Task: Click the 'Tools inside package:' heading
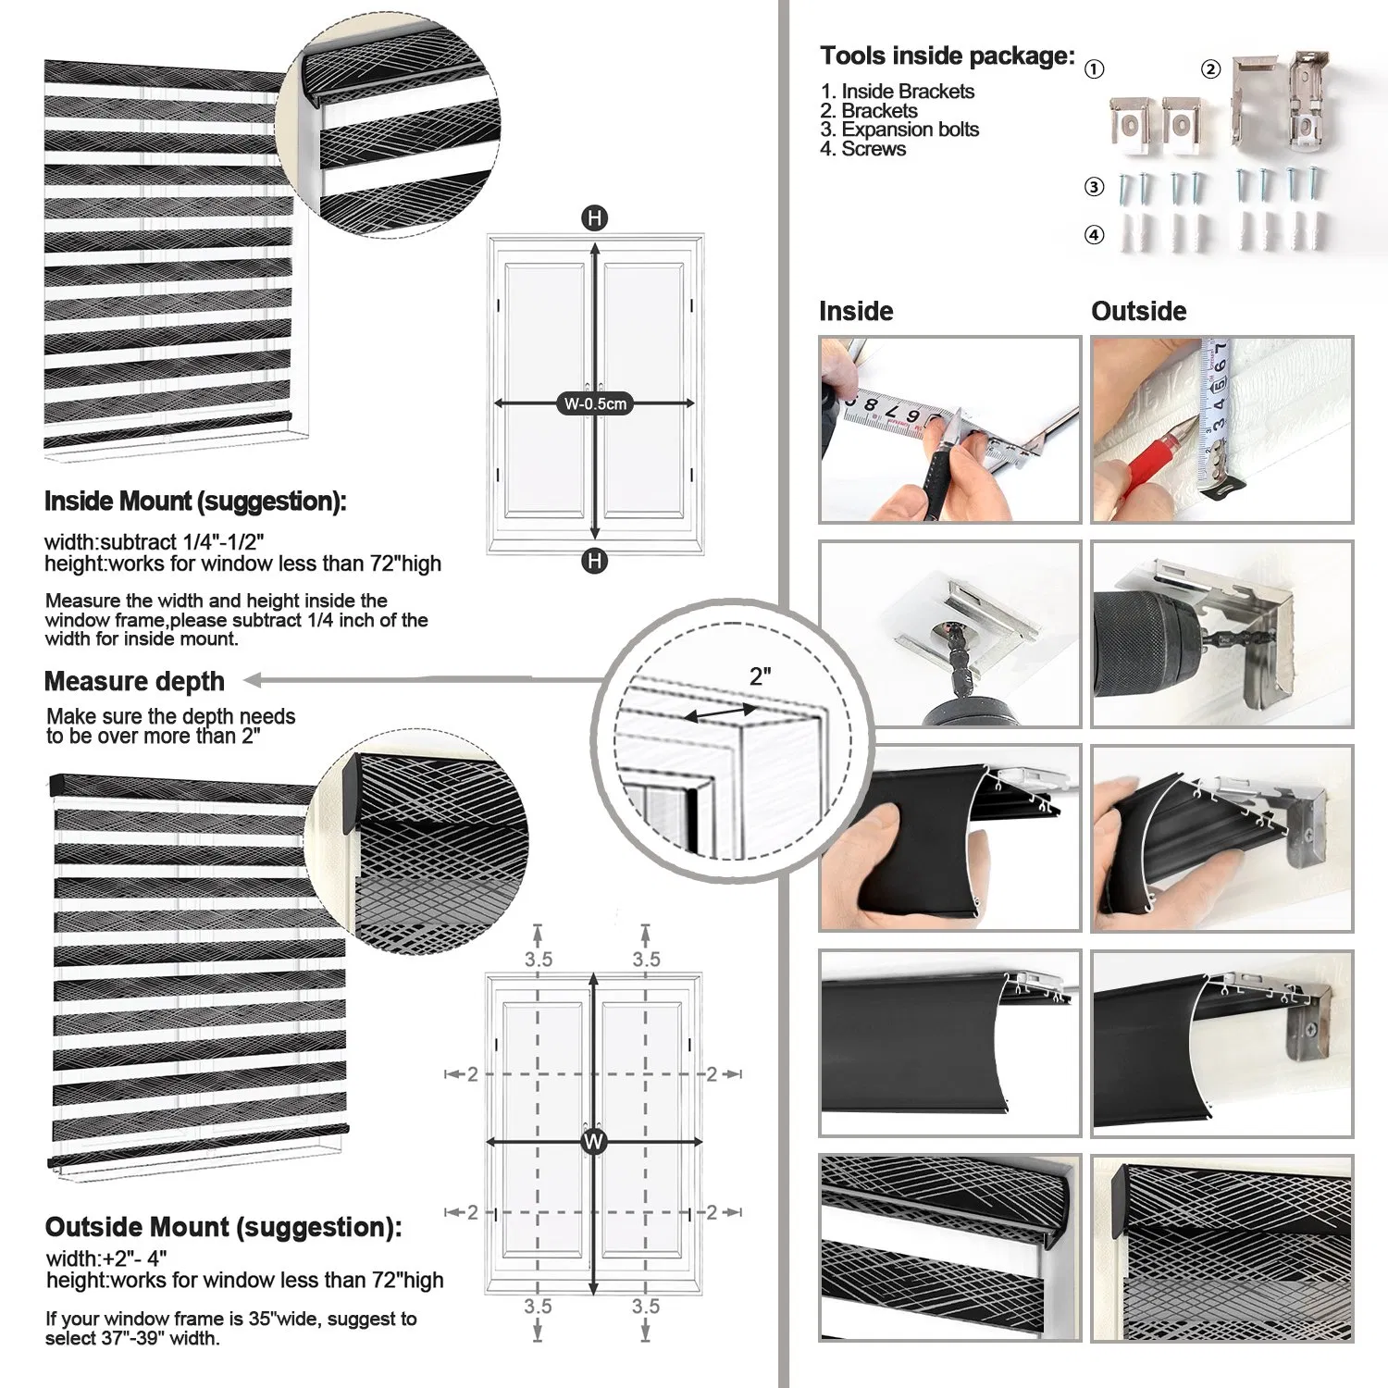tap(947, 56)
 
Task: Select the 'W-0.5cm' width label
tap(595, 403)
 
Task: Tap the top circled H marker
tap(594, 218)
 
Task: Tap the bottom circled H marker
tap(594, 560)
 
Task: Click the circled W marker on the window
tap(593, 1141)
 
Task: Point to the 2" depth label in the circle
tap(760, 676)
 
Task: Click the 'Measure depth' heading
tap(134, 682)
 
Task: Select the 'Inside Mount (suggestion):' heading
tap(195, 502)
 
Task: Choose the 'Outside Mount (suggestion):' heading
tap(223, 1227)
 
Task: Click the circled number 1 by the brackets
tap(1094, 69)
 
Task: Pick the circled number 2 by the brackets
tap(1210, 69)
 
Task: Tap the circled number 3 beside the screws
tap(1094, 187)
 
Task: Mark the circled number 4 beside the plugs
tap(1094, 235)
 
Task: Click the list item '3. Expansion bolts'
tap(898, 130)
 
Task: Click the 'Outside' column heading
tap(1138, 311)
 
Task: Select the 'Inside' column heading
tap(856, 311)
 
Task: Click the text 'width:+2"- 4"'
tap(106, 1258)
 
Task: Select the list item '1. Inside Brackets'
tap(897, 91)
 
